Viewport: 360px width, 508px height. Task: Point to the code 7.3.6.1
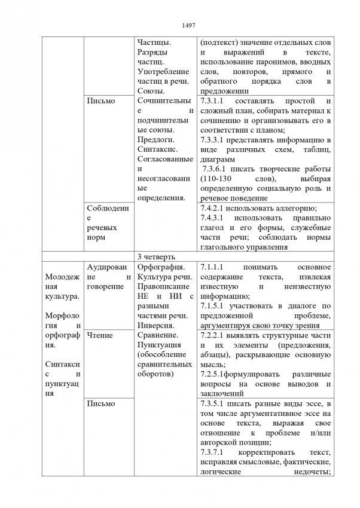pyautogui.click(x=216, y=169)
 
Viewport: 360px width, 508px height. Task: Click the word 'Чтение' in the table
pyautogui.click(x=99, y=335)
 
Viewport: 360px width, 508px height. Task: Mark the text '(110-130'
pyautogui.click(x=216, y=179)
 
